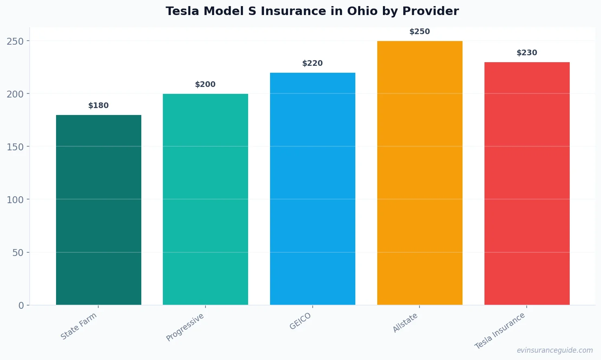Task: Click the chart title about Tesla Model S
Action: pos(312,11)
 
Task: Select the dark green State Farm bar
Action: pos(99,210)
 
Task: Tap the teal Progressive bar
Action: pos(205,199)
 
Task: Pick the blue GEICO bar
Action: pos(313,189)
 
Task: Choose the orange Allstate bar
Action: pos(419,173)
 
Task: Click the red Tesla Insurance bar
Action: pos(527,183)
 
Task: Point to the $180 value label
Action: pos(99,106)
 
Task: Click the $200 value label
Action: pos(205,85)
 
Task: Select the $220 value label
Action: pos(313,63)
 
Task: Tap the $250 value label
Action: pos(419,32)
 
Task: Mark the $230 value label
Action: pos(527,53)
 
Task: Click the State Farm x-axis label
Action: pos(79,326)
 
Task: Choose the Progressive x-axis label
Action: pos(185,327)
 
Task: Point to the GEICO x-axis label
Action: pos(300,321)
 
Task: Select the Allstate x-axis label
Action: pos(405,323)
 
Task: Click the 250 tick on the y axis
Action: pos(15,41)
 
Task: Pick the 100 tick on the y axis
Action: pos(15,200)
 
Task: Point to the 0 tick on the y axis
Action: pos(21,306)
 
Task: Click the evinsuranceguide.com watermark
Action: pos(555,350)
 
